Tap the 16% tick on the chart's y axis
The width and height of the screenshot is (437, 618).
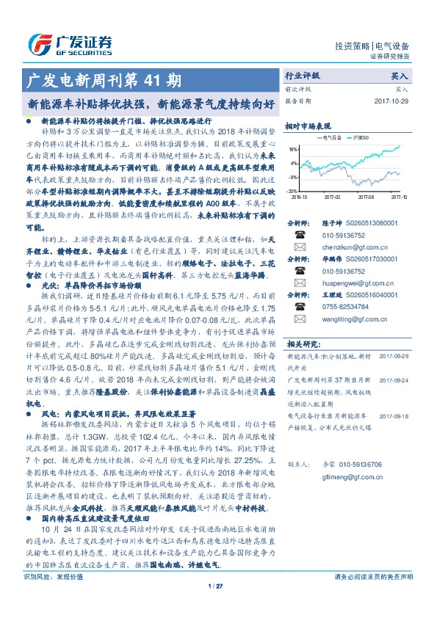point(294,148)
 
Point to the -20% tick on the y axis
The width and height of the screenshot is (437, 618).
point(293,191)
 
